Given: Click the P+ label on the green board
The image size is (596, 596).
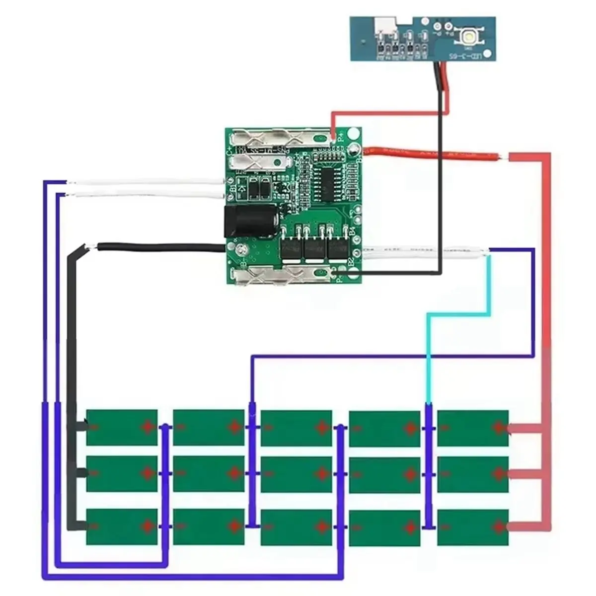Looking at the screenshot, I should click(x=341, y=138).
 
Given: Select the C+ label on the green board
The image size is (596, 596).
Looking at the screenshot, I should click(x=229, y=150).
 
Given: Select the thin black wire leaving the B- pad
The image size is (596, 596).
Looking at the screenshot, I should click(x=159, y=246).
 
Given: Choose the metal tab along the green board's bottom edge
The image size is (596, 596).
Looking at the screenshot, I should click(x=283, y=274).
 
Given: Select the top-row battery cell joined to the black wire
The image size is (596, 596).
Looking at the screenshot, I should click(x=122, y=427).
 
